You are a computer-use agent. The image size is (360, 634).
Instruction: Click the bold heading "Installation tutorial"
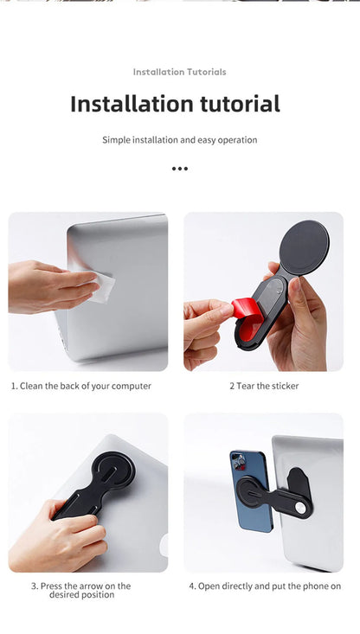coord(175,105)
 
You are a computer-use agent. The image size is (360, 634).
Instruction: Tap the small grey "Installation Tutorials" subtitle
coord(179,72)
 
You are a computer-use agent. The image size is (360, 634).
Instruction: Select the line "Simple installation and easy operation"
coord(179,139)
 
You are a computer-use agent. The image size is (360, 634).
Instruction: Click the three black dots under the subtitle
coord(179,169)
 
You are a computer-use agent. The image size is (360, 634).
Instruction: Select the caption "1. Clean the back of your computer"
coord(80,386)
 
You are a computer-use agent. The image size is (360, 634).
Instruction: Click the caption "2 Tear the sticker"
coord(264,386)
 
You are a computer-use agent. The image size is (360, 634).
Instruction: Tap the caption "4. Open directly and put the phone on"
coord(265,586)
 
